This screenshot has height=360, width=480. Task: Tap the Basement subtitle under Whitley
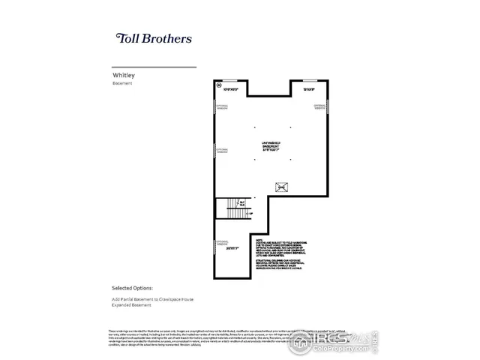pyautogui.click(x=122, y=84)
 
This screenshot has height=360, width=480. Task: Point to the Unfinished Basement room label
pyautogui.click(x=271, y=145)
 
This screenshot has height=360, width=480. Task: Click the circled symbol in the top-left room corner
pyautogui.click(x=219, y=86)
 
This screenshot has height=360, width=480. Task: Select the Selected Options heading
pyautogui.click(x=132, y=287)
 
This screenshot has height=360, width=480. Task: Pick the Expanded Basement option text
pyautogui.click(x=131, y=304)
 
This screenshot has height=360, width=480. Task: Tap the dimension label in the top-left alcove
pyautogui.click(x=230, y=90)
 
